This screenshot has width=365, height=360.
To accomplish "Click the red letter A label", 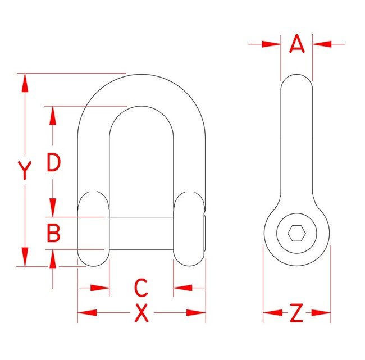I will [x=297, y=44].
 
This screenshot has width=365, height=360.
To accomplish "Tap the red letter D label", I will [x=53, y=163].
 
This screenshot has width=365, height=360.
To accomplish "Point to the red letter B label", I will [x=53, y=233].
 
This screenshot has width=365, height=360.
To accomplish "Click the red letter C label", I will [x=141, y=288].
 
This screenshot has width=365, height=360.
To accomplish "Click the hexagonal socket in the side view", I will [x=296, y=233].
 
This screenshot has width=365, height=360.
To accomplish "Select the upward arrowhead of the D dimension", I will [x=53, y=116].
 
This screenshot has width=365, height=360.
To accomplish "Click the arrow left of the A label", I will [x=271, y=44].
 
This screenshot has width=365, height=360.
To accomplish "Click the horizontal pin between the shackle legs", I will [x=141, y=233].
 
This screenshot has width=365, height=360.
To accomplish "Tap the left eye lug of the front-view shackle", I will [x=93, y=229].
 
